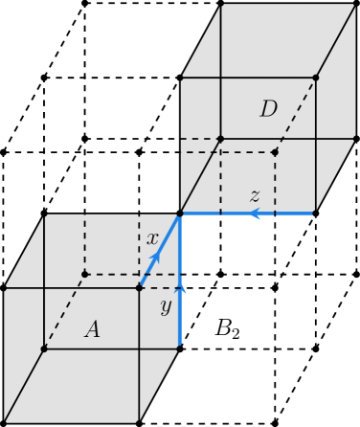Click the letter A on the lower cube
(92, 329)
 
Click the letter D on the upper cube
(268, 109)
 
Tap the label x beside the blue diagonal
(152, 238)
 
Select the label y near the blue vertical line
(166, 306)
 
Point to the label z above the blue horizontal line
(255, 196)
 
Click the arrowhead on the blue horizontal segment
(255, 213)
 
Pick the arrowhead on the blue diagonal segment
(154, 258)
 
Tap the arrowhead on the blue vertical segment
(180, 286)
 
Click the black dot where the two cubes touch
(180, 213)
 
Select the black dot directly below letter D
(275, 152)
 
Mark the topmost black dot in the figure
(315, 78)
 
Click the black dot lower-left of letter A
(44, 348)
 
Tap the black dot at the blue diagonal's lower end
(140, 286)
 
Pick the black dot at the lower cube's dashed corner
(84, 275)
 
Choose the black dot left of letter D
(220, 139)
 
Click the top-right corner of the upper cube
(354, 5)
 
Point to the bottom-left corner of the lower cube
(5, 421)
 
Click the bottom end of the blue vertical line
(180, 348)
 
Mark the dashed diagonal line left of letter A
(64, 311)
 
